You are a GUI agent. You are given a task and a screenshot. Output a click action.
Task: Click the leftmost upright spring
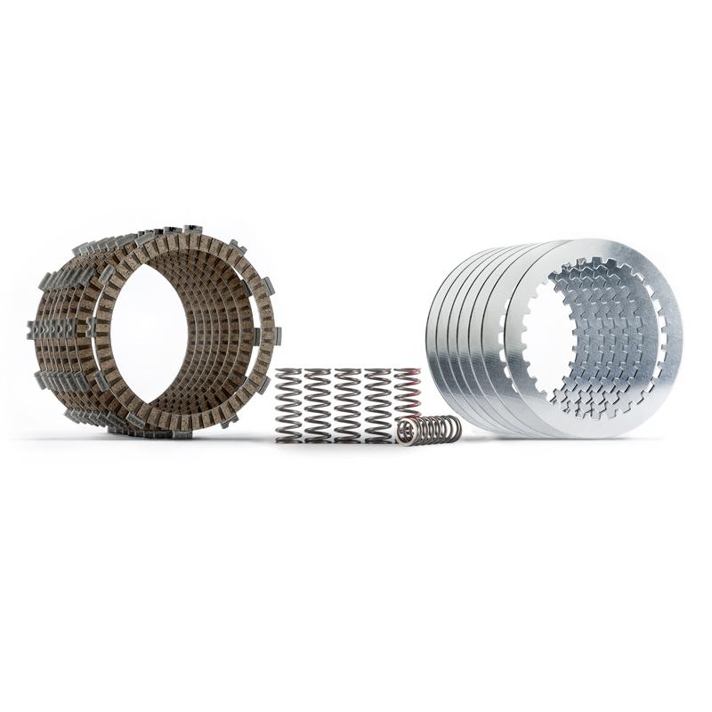click(x=289, y=406)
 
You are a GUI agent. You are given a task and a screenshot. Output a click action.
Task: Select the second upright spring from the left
click(x=318, y=406)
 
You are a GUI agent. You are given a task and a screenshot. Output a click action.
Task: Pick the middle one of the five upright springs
click(x=347, y=406)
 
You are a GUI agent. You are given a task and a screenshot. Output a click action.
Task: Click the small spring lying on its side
click(x=430, y=430)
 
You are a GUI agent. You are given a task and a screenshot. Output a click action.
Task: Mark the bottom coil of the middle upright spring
click(x=347, y=437)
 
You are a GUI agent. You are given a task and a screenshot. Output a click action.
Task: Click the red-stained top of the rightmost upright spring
click(x=408, y=372)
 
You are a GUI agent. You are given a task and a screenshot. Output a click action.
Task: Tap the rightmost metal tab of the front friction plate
click(x=277, y=336)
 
